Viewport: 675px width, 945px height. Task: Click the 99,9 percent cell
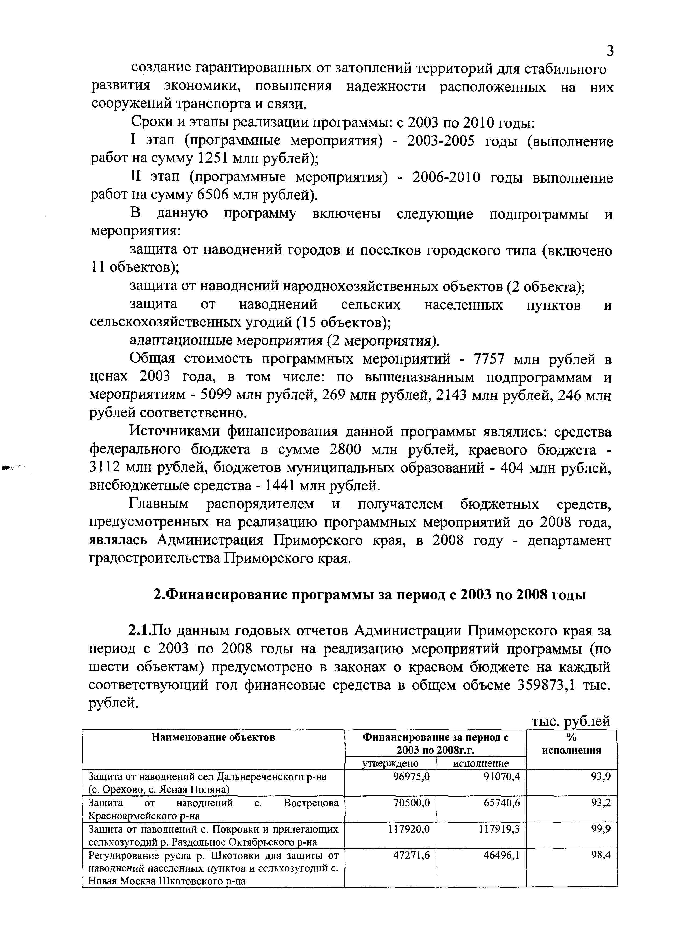(601, 837)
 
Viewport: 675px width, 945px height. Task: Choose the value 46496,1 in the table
(502, 864)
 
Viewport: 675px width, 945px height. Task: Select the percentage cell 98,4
(601, 864)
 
